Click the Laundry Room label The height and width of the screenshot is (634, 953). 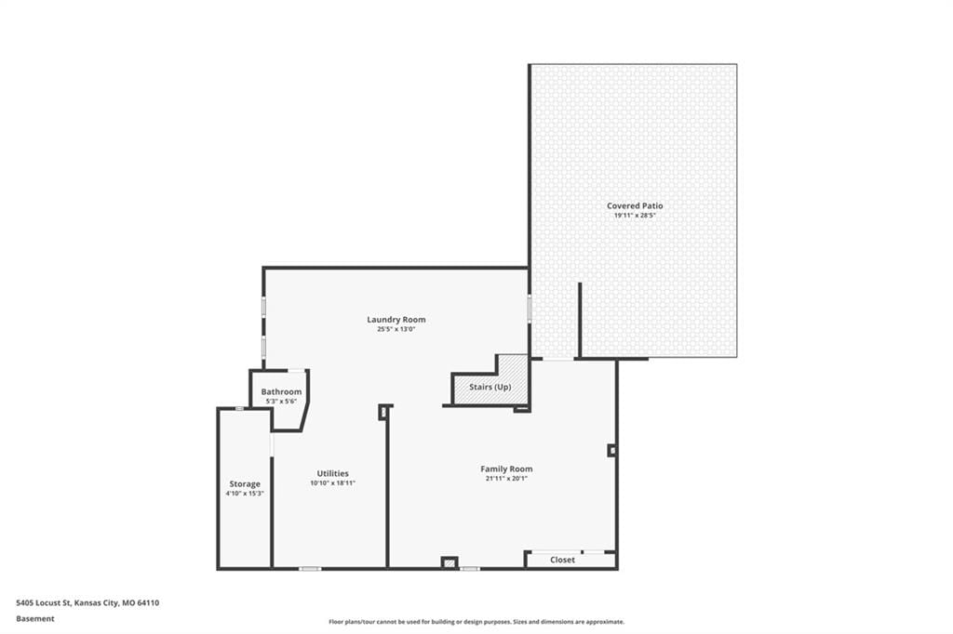coord(396,320)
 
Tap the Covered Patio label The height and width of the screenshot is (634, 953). coord(635,205)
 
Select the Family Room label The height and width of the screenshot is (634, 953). coord(506,469)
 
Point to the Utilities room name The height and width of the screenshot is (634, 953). coord(332,474)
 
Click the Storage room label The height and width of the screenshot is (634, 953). coord(245,484)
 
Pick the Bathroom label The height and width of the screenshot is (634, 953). coord(281,391)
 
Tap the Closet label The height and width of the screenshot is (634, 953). coord(562,560)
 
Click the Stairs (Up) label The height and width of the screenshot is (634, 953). coord(490,387)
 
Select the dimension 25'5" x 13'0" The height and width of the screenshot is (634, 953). coord(396,329)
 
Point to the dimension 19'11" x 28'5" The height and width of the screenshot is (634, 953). coord(635,215)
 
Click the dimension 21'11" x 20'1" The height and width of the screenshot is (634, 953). coord(506,479)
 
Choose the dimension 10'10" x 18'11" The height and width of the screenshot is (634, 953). coord(332,483)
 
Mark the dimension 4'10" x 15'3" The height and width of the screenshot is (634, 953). coord(245,494)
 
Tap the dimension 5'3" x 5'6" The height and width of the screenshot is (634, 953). coord(281,402)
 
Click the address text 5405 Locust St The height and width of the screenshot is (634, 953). coord(44,603)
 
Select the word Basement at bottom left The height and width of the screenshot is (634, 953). coord(35,619)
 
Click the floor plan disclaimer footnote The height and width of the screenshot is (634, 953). coord(476,622)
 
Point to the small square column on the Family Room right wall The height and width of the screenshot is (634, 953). coord(611,451)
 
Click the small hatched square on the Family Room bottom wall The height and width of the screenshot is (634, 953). coord(450,563)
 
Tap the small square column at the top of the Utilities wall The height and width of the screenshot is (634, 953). coord(383,413)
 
